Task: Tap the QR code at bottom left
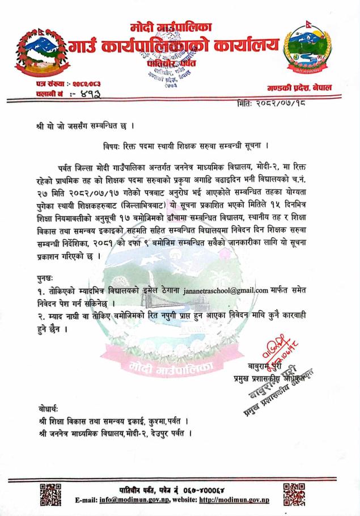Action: [50, 493]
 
